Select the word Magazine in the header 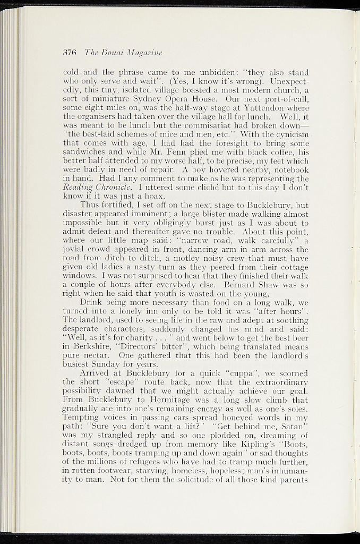(144, 53)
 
